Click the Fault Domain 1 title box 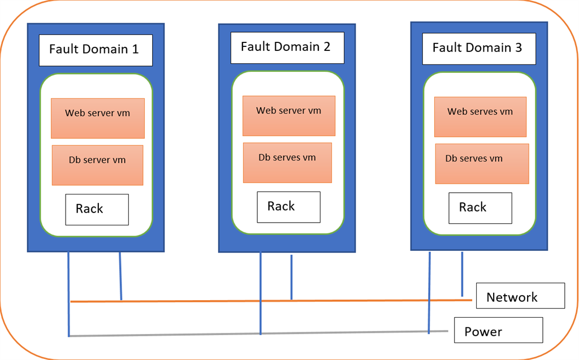pyautogui.click(x=96, y=50)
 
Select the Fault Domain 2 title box pyautogui.click(x=287, y=47)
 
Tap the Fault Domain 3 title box pyautogui.click(x=478, y=48)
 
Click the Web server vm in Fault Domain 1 pyautogui.click(x=98, y=118)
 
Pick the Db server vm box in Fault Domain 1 pyautogui.click(x=97, y=165)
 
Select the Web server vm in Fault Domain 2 pyautogui.click(x=289, y=115)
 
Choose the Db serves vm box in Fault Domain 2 pyautogui.click(x=287, y=162)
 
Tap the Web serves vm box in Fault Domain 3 pyautogui.click(x=480, y=116)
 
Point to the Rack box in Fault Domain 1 pyautogui.click(x=97, y=209)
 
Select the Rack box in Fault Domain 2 pyautogui.click(x=288, y=207)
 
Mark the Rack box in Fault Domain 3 pyautogui.click(x=480, y=207)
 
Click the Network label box pyautogui.click(x=520, y=296)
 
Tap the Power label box pyautogui.click(x=498, y=330)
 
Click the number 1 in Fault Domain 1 pyautogui.click(x=135, y=49)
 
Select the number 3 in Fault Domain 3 pyautogui.click(x=518, y=47)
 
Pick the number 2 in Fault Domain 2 pyautogui.click(x=327, y=46)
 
